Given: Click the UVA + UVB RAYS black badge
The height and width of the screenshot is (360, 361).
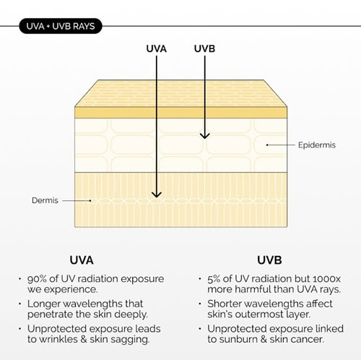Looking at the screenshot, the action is point(61,26).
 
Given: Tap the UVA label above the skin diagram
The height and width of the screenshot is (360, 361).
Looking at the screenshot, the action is point(157,48).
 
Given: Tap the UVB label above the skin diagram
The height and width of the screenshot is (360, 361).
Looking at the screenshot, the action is point(204,48).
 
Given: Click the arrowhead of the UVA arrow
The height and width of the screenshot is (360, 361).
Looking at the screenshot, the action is point(157,194).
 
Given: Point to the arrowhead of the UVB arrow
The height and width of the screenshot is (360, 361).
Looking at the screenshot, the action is point(205,136).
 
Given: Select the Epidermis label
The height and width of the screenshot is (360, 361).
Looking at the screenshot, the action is point(317,145).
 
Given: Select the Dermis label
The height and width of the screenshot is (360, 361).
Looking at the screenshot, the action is point(45,200).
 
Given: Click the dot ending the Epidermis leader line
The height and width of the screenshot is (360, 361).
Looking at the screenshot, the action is point(267,145).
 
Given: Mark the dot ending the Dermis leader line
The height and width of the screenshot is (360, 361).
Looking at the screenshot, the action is point(90,200).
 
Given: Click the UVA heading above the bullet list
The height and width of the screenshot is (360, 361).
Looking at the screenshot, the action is point(82,260).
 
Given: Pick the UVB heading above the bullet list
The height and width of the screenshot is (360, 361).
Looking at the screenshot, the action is point(269,260).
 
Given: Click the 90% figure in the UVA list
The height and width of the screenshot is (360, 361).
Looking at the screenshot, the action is point(37,279).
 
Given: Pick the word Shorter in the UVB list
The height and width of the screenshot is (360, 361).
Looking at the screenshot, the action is point(225,304).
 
